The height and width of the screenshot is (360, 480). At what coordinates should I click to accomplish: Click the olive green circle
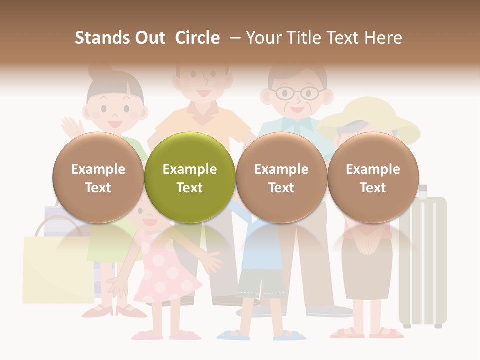190,177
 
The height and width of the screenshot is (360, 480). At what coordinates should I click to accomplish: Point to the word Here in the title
383,38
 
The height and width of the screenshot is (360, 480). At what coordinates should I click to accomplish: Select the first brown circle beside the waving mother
98,177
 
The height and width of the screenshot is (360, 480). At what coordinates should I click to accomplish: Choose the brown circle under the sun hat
373,177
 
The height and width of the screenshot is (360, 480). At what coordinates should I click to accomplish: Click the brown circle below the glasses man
281,177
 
